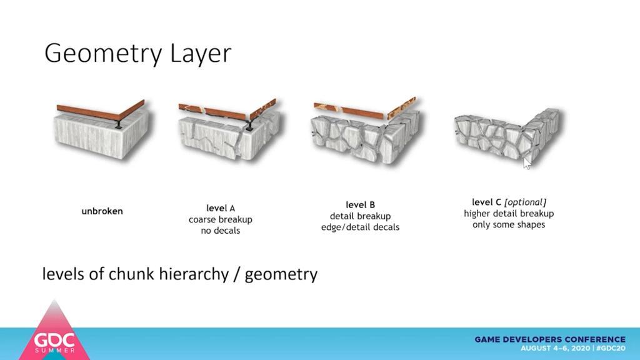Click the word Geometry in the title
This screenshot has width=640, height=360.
(104, 54)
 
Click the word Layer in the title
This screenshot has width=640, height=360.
(201, 54)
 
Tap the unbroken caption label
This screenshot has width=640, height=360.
(102, 211)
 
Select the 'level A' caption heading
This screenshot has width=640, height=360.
(221, 208)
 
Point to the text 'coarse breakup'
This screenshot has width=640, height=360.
(221, 219)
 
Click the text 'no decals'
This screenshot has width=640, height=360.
(221, 231)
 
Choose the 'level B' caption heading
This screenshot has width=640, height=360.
(361, 205)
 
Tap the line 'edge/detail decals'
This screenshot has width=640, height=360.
(361, 227)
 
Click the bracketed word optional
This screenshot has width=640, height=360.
(525, 202)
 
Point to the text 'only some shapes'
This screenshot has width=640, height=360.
(509, 225)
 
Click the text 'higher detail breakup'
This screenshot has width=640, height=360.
(509, 214)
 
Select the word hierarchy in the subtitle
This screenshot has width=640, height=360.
(194, 274)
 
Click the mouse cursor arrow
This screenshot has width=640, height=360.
(526, 163)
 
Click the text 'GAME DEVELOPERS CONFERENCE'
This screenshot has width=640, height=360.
(550, 339)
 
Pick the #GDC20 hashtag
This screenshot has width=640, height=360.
(611, 348)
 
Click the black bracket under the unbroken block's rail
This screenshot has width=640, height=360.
(118, 124)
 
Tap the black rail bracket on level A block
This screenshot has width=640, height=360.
(249, 126)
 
